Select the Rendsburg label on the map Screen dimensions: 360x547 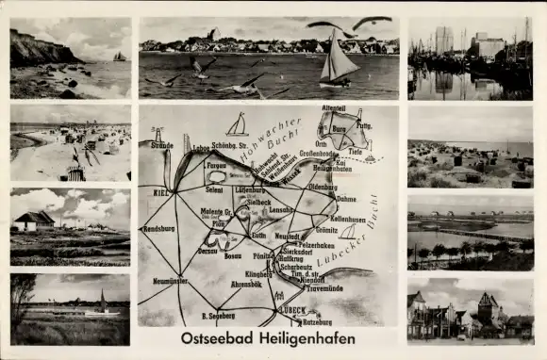(x=157, y=228)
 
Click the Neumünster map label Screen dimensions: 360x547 (x=170, y=281)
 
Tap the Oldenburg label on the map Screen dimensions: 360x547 (x=323, y=187)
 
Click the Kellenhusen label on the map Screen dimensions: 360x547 (x=347, y=219)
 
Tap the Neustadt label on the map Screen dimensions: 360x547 (x=287, y=236)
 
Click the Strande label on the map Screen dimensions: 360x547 (x=161, y=146)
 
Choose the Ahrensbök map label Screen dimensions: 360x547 (x=245, y=283)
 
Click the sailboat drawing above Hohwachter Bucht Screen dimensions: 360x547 (x=238, y=124)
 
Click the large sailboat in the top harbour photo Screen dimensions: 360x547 (x=338, y=59)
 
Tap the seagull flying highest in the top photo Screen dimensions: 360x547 (x=372, y=21)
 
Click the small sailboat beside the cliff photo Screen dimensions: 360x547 (x=120, y=57)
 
